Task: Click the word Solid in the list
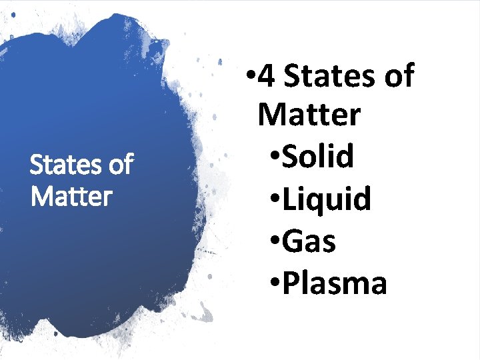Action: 317,157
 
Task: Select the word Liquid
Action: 326,199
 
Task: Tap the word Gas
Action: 309,241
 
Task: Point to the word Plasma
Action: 335,283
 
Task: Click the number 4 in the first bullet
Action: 266,77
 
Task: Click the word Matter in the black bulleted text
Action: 309,115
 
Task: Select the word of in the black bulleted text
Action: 398,77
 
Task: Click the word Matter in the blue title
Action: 71,197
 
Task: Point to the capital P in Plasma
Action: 290,283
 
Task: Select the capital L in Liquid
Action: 289,199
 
